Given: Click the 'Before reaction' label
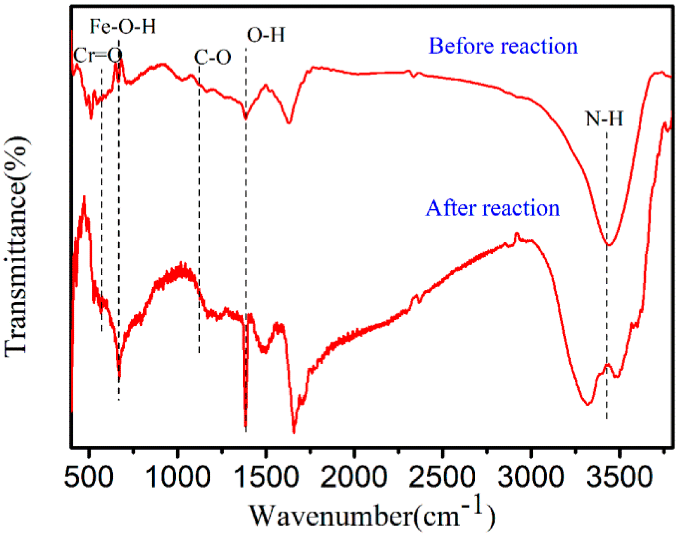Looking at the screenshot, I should click(x=503, y=46).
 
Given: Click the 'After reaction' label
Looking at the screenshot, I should click(x=492, y=208).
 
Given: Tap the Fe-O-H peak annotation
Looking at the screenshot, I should click(x=123, y=27).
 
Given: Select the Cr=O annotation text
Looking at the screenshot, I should click(x=98, y=55).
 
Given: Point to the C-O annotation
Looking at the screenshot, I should click(x=212, y=57).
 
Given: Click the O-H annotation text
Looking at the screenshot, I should click(x=266, y=35).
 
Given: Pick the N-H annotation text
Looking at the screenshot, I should click(x=604, y=119).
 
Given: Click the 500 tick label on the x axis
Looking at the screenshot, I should click(x=89, y=477).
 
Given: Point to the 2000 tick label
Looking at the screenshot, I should click(x=354, y=477).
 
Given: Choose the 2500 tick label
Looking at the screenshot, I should click(x=443, y=477).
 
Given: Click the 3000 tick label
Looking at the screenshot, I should click(x=531, y=477).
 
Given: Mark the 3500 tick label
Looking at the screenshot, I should click(x=619, y=477).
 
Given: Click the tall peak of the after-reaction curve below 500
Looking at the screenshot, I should click(x=84, y=198).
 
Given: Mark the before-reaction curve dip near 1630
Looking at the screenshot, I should click(x=289, y=122).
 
